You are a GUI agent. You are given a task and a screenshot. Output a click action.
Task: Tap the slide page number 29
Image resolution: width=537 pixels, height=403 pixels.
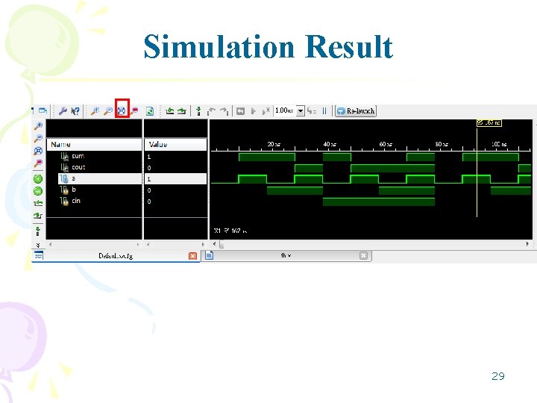tap(498, 376)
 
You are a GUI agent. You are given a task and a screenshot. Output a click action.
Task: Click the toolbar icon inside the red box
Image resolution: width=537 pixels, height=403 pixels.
tap(122, 110)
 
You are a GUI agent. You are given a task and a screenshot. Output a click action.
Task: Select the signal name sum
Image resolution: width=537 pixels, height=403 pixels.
tap(78, 157)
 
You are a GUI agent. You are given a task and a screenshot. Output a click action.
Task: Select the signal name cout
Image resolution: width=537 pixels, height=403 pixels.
tap(79, 168)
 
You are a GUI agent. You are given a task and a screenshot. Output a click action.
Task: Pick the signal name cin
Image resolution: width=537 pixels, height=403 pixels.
tap(76, 201)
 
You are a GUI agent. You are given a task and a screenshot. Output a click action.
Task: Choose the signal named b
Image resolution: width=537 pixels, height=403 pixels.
tap(74, 190)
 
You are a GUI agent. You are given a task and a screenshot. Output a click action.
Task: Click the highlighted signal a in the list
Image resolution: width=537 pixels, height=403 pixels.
tap(74, 179)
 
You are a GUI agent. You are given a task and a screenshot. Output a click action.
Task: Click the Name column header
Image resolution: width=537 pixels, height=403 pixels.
tap(62, 144)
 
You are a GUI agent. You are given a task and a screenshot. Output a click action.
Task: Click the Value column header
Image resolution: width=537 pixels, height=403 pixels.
tap(158, 144)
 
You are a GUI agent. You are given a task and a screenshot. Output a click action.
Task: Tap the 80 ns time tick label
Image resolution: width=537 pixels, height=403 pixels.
tap(442, 144)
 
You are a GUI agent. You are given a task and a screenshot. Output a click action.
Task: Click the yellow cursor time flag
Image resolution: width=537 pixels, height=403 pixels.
tap(489, 122)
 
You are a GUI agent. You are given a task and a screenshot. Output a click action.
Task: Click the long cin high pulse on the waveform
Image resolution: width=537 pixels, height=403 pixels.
tap(378, 201)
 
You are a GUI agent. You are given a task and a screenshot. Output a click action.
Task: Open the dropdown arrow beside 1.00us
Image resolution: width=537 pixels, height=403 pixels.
tap(301, 110)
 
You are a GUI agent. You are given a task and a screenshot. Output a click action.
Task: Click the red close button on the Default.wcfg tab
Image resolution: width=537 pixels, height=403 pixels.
tap(192, 256)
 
